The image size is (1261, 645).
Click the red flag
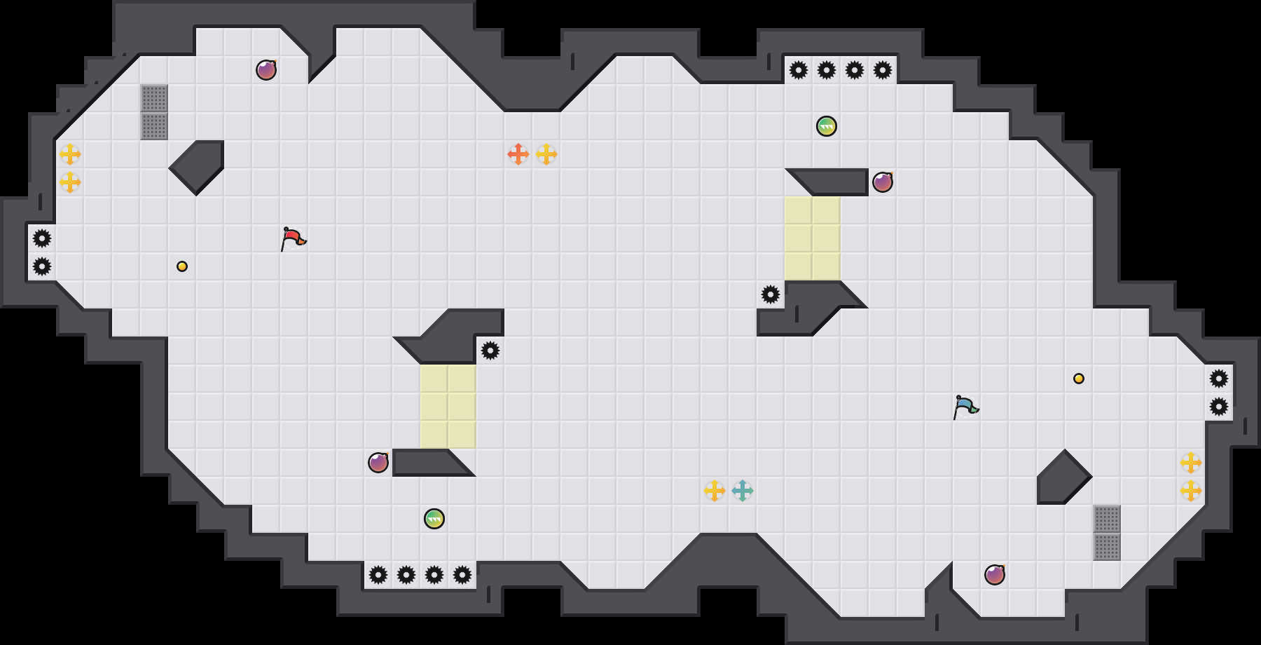click(x=294, y=238)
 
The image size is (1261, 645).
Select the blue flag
click(x=966, y=407)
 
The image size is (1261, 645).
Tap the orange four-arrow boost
click(x=518, y=154)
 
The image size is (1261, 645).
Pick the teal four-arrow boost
click(x=743, y=491)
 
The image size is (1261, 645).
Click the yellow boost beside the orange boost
click(x=546, y=154)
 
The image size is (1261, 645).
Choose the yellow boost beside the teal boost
click(x=715, y=491)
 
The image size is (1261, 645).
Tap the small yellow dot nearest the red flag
click(x=182, y=266)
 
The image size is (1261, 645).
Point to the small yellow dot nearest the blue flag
click(x=1079, y=379)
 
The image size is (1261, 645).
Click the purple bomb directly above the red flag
click(x=266, y=70)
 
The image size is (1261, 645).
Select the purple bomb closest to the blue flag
click(x=995, y=575)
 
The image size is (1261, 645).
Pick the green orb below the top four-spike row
click(x=827, y=126)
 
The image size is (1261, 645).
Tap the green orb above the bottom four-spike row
click(x=434, y=519)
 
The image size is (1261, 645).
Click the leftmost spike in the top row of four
click(x=799, y=70)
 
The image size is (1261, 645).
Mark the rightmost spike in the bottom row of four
click(x=462, y=575)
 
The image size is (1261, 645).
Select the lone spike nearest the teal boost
click(x=771, y=294)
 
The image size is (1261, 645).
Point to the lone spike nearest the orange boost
click(x=490, y=351)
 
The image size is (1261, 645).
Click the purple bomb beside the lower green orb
click(x=378, y=463)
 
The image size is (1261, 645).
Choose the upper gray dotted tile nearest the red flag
click(x=154, y=98)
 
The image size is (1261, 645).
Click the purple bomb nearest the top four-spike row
click(x=883, y=182)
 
